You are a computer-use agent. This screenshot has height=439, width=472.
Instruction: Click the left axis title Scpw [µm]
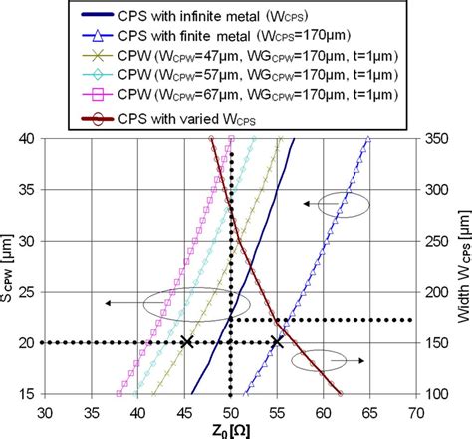coord(9,266)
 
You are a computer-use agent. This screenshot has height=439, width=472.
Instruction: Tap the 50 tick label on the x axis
coord(230,407)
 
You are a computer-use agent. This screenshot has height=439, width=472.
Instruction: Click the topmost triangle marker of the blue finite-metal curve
coord(367,139)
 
